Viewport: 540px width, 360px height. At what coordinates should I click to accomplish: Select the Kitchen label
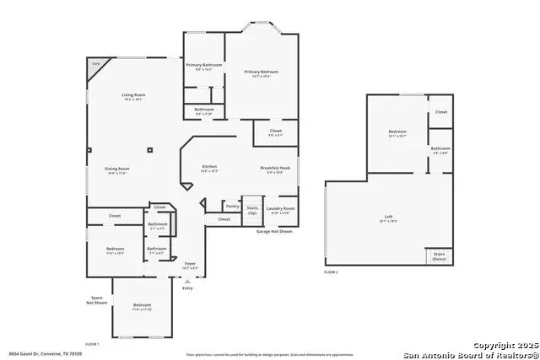coord(210,168)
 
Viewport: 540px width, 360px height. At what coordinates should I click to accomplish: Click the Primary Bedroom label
coord(262,73)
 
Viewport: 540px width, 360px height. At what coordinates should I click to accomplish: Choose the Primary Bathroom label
coord(204,65)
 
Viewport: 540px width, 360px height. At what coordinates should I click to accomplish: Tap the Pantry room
coord(232,206)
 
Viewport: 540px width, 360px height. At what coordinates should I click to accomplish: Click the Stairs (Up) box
coord(252,208)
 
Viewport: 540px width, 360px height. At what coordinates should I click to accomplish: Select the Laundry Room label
coord(280,208)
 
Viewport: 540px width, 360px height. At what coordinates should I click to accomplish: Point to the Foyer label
coord(190,265)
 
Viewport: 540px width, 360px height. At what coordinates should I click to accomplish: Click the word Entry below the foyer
coord(187,288)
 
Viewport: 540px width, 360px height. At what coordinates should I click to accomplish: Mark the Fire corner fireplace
coord(95,63)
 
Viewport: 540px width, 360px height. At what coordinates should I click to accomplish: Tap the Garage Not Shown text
coord(275,231)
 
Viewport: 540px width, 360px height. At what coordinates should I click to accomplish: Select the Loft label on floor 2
coord(388,218)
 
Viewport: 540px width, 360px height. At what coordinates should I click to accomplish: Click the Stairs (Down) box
coord(439,255)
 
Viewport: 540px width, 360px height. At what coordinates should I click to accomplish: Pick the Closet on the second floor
coord(441,111)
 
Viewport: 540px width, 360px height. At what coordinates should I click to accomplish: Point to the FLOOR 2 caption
coord(332,272)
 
